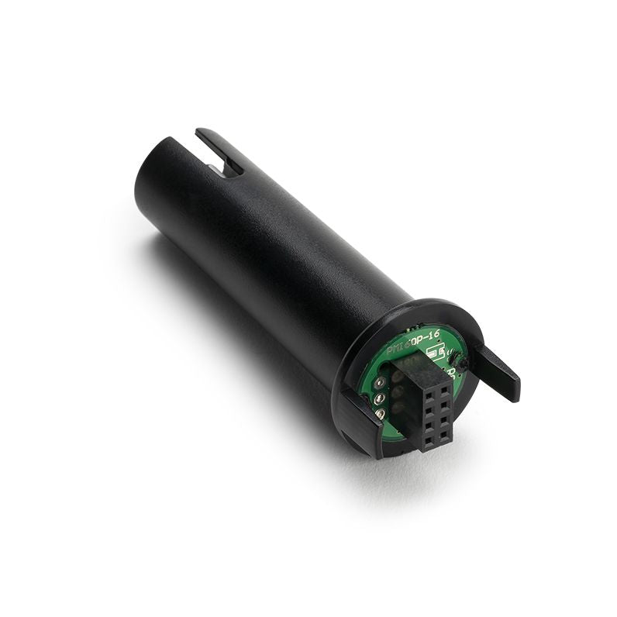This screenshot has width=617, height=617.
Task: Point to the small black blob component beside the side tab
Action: (x=462, y=364)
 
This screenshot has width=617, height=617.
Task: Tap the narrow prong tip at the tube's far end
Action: (x=203, y=134)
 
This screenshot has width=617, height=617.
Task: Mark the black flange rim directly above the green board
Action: (x=419, y=310)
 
